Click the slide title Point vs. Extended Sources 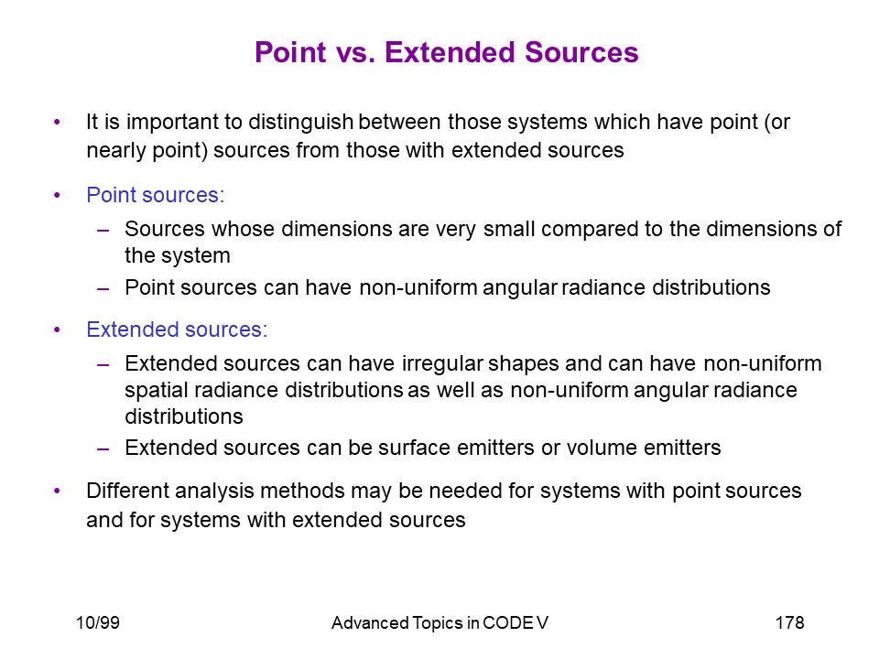click(x=446, y=52)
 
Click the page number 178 click(x=789, y=622)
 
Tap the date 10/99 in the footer click(x=98, y=622)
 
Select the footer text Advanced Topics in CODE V click(x=439, y=622)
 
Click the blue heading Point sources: click(x=156, y=195)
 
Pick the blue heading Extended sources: click(x=177, y=329)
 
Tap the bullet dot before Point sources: click(x=57, y=196)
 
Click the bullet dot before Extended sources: click(x=57, y=330)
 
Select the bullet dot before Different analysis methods click(x=57, y=492)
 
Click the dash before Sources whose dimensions click(x=103, y=231)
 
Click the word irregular click(x=442, y=363)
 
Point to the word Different click(x=126, y=491)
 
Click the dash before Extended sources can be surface click(x=103, y=449)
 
